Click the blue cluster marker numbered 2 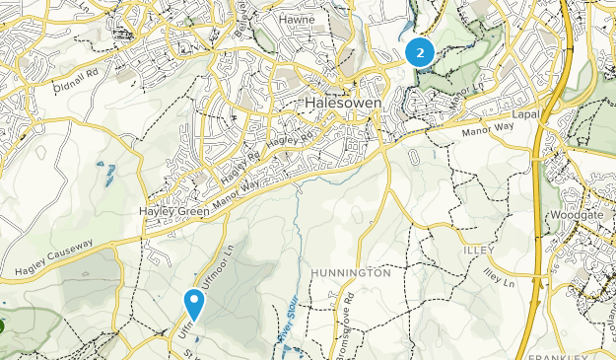pyautogui.click(x=420, y=52)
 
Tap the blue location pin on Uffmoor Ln pyautogui.click(x=194, y=303)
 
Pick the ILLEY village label pyautogui.click(x=480, y=251)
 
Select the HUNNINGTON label pyautogui.click(x=350, y=272)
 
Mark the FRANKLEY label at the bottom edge pyautogui.click(x=557, y=354)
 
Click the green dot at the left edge pyautogui.click(x=3, y=324)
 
